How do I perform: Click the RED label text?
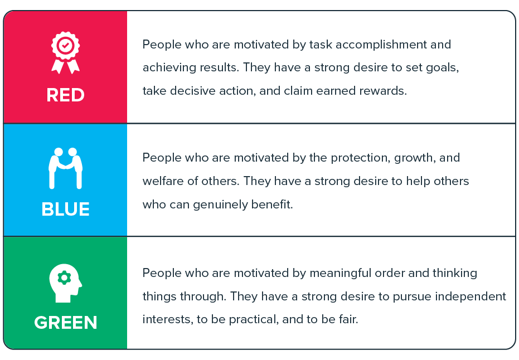pos(66,95)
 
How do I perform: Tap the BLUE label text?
pos(66,209)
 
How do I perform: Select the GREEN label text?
pos(66,322)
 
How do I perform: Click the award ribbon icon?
pos(66,52)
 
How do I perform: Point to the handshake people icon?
pos(66,168)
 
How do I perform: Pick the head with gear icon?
pos(66,283)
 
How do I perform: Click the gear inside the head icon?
pos(64,278)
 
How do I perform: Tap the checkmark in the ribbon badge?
pos(66,45)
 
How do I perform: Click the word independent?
pos(471,296)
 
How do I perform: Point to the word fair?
pos(348,319)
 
